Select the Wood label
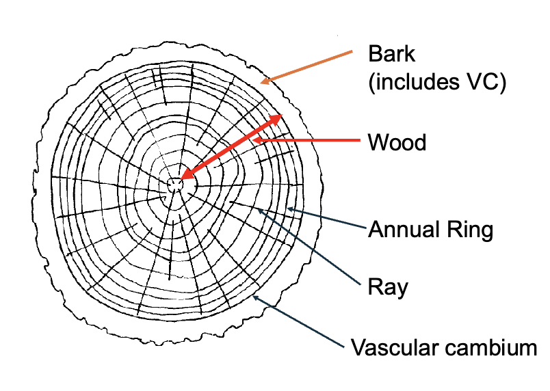click(397, 143)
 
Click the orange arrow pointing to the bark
click(308, 67)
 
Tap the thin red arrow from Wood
click(308, 141)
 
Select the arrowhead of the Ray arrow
click(258, 209)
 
